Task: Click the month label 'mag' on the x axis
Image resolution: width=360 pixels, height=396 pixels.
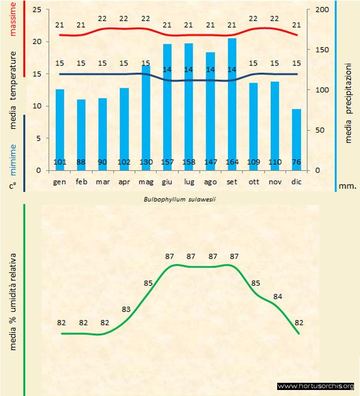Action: (146, 181)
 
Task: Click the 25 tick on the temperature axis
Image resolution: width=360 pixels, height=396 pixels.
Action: (37, 10)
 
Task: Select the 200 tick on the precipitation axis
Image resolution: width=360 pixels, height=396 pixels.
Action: (322, 10)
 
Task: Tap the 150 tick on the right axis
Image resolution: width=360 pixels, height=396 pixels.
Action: (322, 50)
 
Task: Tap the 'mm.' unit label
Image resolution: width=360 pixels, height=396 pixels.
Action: (348, 186)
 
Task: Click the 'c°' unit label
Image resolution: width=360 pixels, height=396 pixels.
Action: (12, 186)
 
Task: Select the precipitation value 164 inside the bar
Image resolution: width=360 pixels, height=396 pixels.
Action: (232, 162)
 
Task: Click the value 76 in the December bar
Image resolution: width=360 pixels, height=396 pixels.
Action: (296, 162)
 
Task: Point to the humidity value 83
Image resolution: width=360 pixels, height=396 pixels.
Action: (126, 309)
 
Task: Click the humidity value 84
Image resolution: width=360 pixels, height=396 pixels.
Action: (278, 296)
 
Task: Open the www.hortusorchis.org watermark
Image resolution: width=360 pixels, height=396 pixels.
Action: (316, 386)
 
